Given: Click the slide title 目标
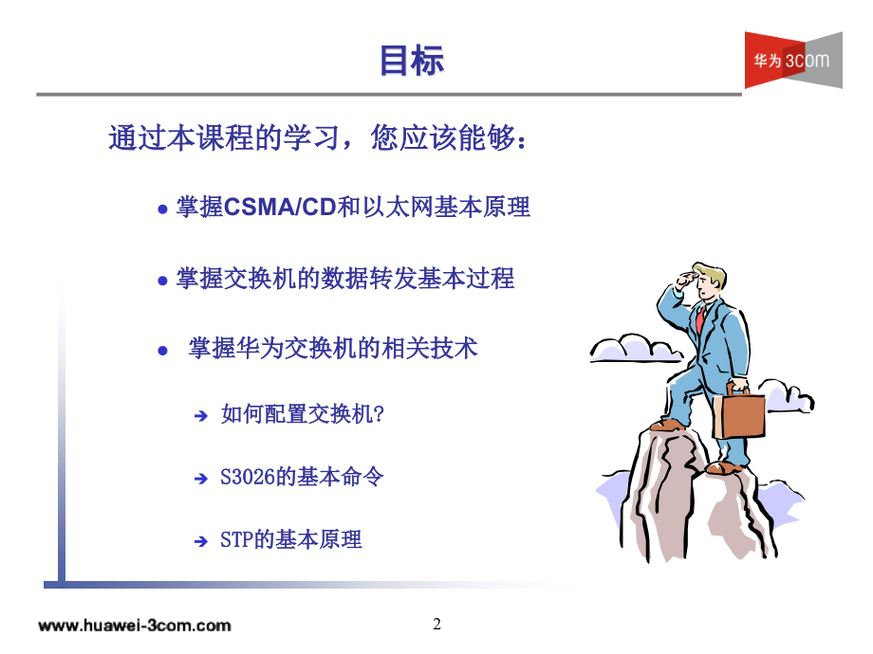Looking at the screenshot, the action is click(412, 60).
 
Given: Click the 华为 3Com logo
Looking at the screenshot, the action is click(793, 60).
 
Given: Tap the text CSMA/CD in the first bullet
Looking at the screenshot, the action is click(280, 207).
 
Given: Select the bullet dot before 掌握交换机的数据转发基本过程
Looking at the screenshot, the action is click(162, 281).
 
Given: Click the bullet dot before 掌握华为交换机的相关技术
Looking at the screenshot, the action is click(162, 351).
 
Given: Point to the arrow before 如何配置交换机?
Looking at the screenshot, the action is click(201, 415).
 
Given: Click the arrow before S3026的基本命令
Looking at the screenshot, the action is click(201, 479).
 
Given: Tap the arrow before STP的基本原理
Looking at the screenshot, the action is click(201, 541).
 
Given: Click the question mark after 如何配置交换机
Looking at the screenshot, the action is click(379, 414).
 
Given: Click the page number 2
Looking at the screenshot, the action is click(437, 624).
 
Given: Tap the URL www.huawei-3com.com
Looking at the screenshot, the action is click(135, 625).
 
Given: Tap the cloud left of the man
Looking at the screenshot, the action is click(635, 349).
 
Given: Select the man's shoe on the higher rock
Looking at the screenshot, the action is click(667, 426).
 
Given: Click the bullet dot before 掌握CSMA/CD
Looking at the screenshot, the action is click(162, 209).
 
